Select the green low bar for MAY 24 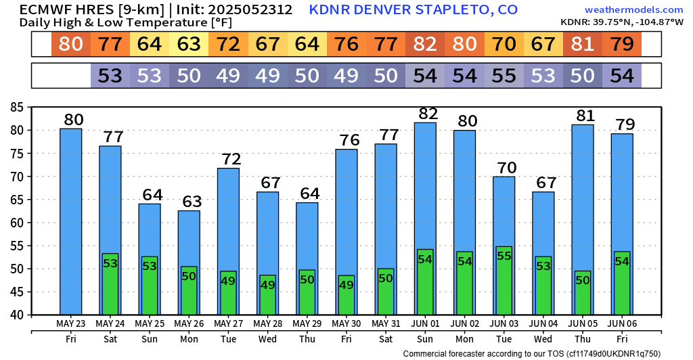pyautogui.click(x=110, y=284)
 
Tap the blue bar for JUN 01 pyautogui.click(x=425, y=183)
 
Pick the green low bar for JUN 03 pyautogui.click(x=504, y=281)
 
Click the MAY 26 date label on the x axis pyautogui.click(x=189, y=323)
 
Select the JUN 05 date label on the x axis pyautogui.click(x=583, y=323)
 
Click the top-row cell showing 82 pyautogui.click(x=425, y=45)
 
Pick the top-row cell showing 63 pyautogui.click(x=189, y=45)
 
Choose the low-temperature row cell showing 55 pyautogui.click(x=504, y=75)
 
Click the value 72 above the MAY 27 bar pyautogui.click(x=228, y=160)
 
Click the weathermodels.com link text pyautogui.click(x=633, y=9)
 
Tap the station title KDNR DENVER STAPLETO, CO pyautogui.click(x=413, y=9)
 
